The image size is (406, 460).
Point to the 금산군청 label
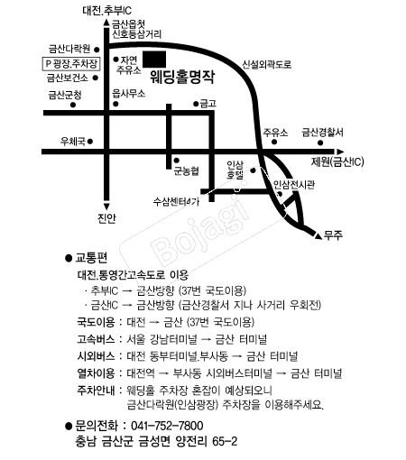pos(65,93)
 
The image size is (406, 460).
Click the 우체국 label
pos(72,141)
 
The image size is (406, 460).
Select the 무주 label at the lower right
pos(334,235)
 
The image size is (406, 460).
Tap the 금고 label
pos(208,102)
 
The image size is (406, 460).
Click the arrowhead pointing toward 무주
pos(315,235)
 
